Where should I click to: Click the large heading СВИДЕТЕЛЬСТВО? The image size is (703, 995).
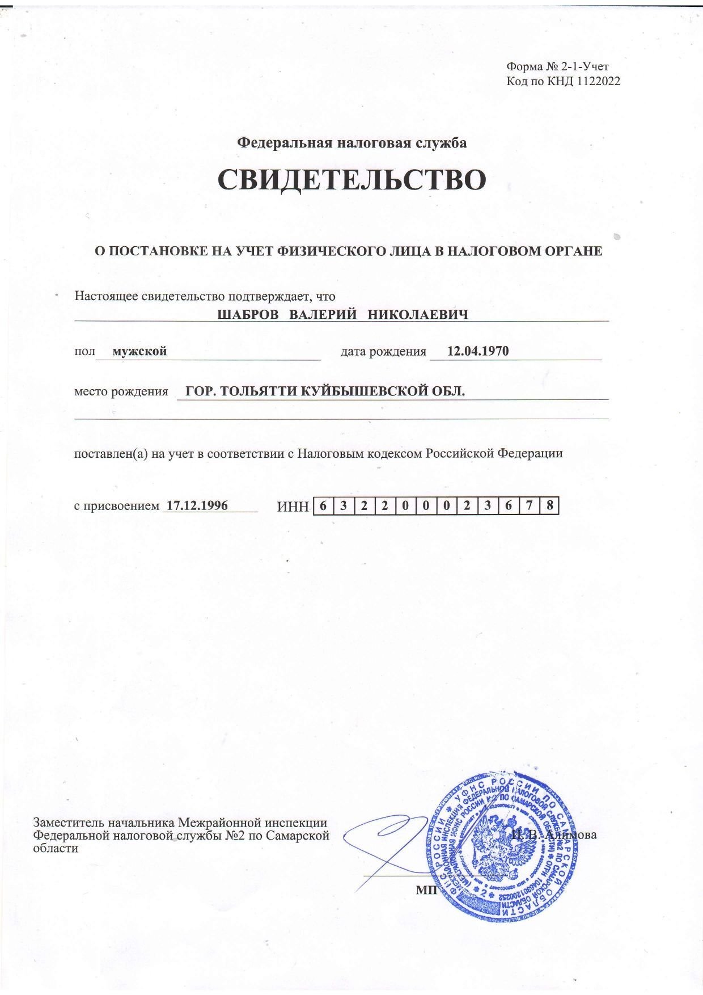pyautogui.click(x=351, y=180)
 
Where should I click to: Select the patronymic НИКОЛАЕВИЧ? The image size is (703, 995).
pyautogui.click(x=418, y=314)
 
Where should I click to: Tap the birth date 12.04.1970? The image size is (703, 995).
pyautogui.click(x=478, y=351)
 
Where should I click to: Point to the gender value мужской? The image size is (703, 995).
pyautogui.click(x=139, y=351)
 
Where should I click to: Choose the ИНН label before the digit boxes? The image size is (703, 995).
pyautogui.click(x=293, y=507)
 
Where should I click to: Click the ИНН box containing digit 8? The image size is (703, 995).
pyautogui.click(x=549, y=505)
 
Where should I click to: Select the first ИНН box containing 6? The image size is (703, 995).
pyautogui.click(x=323, y=505)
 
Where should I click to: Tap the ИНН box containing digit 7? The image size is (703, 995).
pyautogui.click(x=528, y=505)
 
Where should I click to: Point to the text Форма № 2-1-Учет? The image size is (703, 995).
pyautogui.click(x=557, y=67)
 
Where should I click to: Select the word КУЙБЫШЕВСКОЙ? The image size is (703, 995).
pyautogui.click(x=357, y=391)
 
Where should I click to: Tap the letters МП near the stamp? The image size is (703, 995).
pyautogui.click(x=424, y=889)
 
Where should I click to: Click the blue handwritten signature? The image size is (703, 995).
pyautogui.click(x=386, y=842)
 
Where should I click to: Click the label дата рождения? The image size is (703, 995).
pyautogui.click(x=383, y=351)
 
